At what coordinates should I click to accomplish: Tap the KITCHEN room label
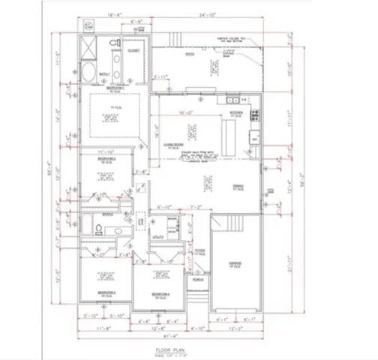coord(236,113)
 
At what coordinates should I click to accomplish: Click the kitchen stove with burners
coord(255,115)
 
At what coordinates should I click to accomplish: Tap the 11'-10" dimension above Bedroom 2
coord(106,151)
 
